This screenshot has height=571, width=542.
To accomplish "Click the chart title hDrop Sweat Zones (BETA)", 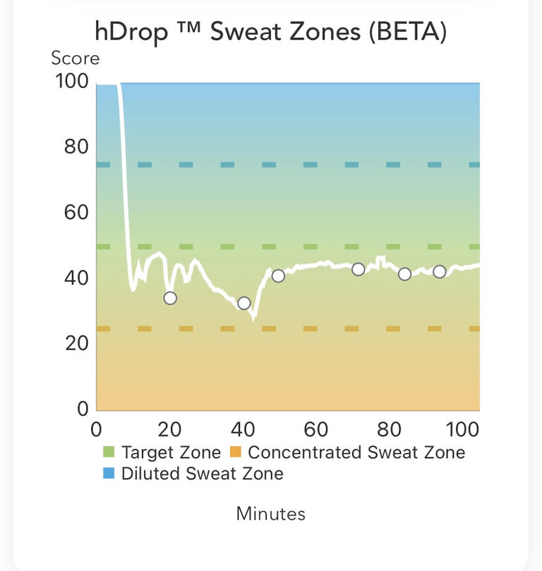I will pyautogui.click(x=271, y=32).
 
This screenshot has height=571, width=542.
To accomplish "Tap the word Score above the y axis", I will pyautogui.click(x=75, y=59).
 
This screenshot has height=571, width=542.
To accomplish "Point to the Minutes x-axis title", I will pyautogui.click(x=271, y=513).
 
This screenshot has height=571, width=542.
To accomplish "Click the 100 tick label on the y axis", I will pyautogui.click(x=72, y=82).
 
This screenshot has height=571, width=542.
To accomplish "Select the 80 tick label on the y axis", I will pyautogui.click(x=76, y=147).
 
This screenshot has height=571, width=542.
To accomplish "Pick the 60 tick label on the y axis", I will pyautogui.click(x=76, y=213).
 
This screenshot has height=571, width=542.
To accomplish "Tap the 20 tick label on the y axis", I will pyautogui.click(x=76, y=343).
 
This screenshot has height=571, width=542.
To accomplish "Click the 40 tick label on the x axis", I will pyautogui.click(x=243, y=429).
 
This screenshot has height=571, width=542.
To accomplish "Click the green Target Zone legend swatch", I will pyautogui.click(x=109, y=453).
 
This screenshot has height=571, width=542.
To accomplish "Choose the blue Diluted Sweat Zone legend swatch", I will pyautogui.click(x=109, y=474).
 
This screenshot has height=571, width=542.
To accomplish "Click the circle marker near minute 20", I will pyautogui.click(x=170, y=298).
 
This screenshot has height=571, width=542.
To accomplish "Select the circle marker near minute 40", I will pyautogui.click(x=244, y=303).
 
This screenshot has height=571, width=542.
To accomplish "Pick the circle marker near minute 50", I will pyautogui.click(x=278, y=276).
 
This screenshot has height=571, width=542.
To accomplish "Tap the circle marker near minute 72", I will pyautogui.click(x=359, y=269).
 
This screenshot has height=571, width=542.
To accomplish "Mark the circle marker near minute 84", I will pyautogui.click(x=404, y=274).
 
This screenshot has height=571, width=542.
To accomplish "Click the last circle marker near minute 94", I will pyautogui.click(x=439, y=271).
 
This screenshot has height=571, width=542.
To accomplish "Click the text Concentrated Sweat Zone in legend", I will pyautogui.click(x=356, y=453).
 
